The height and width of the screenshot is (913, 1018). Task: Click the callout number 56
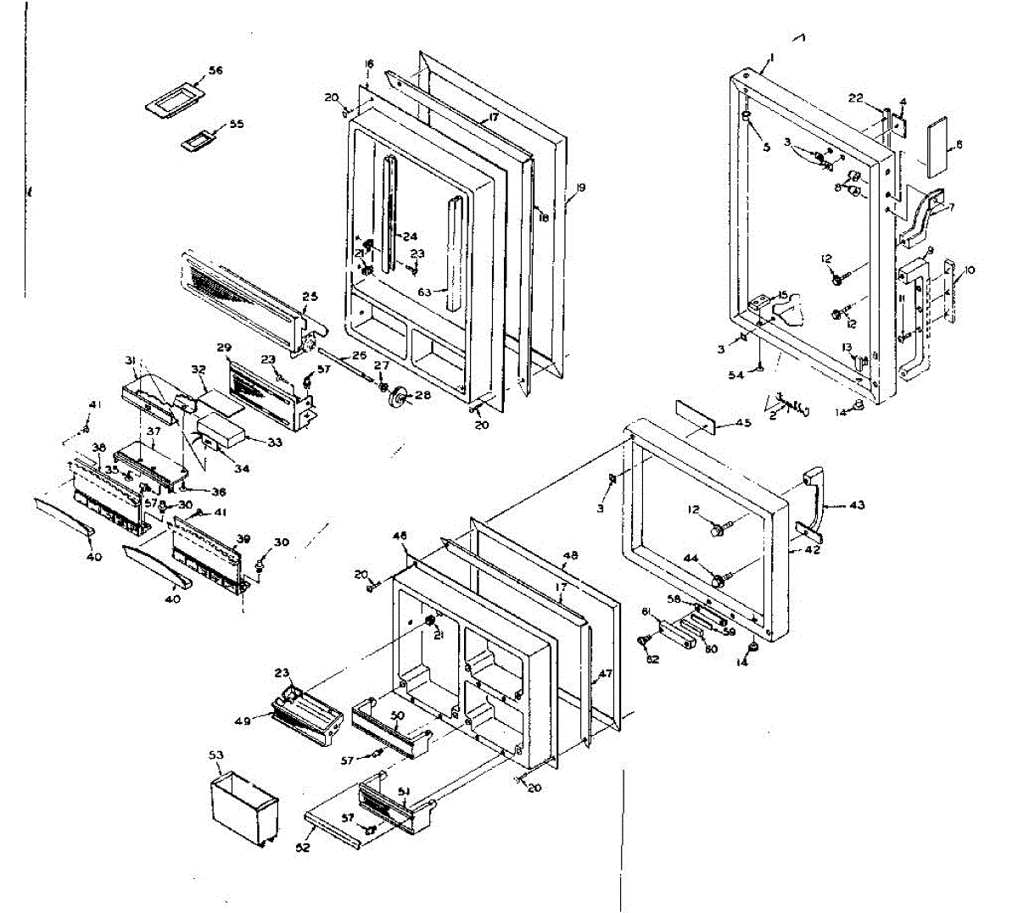tap(215, 71)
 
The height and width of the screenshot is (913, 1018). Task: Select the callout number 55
tap(236, 124)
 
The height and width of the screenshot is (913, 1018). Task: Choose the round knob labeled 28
tap(395, 397)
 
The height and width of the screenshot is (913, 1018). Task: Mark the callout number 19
tap(580, 186)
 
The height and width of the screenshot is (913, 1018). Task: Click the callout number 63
tap(424, 292)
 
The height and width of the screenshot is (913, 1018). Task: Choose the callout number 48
tap(571, 556)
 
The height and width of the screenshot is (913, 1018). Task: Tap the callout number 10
tap(970, 270)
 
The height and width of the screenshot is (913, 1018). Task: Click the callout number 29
tap(224, 348)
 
